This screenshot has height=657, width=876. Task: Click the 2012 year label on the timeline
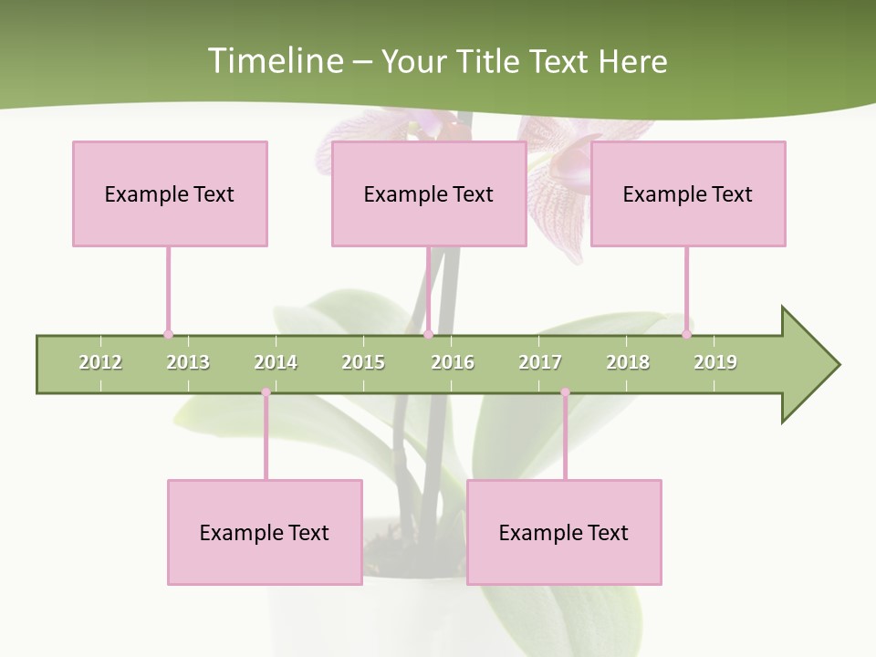click(100, 362)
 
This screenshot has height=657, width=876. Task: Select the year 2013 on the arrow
click(188, 362)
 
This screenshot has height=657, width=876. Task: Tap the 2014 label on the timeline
click(276, 362)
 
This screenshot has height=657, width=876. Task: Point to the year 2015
click(363, 362)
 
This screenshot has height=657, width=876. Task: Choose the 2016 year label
click(453, 362)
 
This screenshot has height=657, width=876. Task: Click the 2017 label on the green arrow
click(540, 362)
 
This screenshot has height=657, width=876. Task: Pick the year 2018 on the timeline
click(628, 362)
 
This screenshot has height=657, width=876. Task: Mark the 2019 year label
click(715, 362)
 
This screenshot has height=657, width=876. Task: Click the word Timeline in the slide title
click(273, 61)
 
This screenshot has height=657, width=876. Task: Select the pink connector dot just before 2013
click(168, 334)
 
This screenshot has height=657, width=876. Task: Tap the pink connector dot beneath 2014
click(266, 392)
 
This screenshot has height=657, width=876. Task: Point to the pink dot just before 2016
click(428, 334)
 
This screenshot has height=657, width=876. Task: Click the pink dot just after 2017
click(565, 392)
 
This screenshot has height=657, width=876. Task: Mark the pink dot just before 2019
click(686, 334)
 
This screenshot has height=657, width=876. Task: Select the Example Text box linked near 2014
click(265, 532)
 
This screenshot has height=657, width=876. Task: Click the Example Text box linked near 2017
click(564, 532)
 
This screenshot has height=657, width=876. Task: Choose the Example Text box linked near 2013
click(170, 193)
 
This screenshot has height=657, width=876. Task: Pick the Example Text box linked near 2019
click(688, 193)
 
